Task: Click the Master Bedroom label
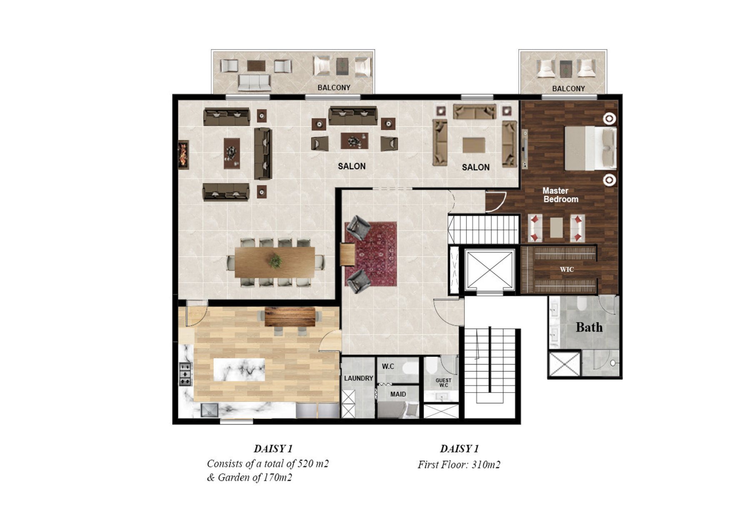pos(560,195)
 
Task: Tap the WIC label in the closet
pos(567,270)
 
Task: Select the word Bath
pos(589,328)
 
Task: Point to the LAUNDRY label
pos(358,378)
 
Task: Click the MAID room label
pos(398,394)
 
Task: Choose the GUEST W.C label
pos(443,383)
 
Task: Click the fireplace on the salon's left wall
pos(183,155)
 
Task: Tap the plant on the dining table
pos(275,261)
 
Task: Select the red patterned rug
pos(371,254)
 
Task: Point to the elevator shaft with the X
pos(490,270)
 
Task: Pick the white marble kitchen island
pos(239,370)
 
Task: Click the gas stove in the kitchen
pos(185,374)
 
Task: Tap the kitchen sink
pos(210,410)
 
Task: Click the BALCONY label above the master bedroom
pos(568,89)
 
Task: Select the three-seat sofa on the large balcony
pos(254,83)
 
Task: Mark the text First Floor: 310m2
pos(459,465)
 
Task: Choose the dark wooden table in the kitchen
pos(290,317)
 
